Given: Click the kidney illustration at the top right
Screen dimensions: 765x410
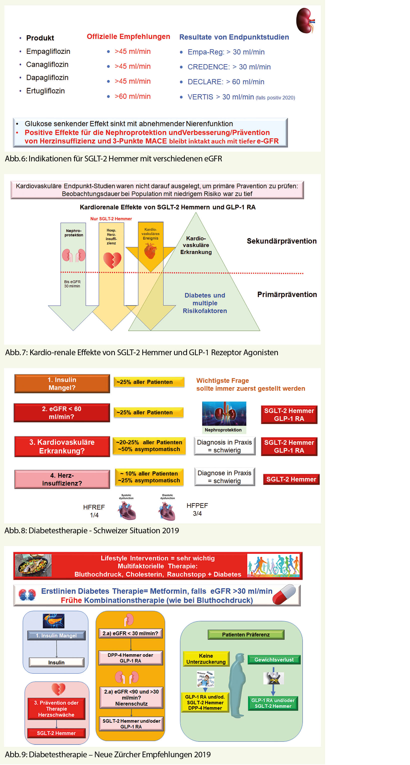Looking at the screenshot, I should pos(305,20).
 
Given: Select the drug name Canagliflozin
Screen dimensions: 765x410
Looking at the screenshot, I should pos(47,64).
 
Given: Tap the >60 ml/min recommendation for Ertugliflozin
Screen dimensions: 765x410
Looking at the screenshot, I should pos(132,96).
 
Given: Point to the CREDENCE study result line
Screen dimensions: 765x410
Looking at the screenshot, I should pos(229,67).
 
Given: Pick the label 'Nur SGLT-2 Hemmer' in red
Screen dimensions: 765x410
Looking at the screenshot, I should pos(111,219).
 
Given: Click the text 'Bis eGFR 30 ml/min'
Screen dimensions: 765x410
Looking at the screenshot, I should pos(72,284).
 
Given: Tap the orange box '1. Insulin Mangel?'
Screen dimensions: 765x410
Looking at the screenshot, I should pos(62,383).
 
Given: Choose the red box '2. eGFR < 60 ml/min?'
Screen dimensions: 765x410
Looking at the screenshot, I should pos(62,413).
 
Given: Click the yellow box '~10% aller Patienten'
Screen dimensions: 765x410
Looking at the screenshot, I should pos(149,477).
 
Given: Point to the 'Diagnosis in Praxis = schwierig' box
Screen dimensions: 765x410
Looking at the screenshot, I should pos(224,446).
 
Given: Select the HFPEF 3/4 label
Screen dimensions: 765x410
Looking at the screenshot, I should pos(197,509).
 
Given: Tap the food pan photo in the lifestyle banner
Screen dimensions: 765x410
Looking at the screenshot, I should pos(33,565).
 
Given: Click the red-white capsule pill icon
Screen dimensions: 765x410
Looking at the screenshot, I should pos(284,595).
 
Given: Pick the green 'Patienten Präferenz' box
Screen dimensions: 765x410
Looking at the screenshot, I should pos(246,635).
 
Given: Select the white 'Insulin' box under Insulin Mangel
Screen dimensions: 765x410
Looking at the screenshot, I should pos(56,662).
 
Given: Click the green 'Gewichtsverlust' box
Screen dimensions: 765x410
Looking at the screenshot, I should pos(274,659).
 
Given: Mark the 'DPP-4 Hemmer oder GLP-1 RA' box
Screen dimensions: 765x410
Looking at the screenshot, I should pos(131,658).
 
